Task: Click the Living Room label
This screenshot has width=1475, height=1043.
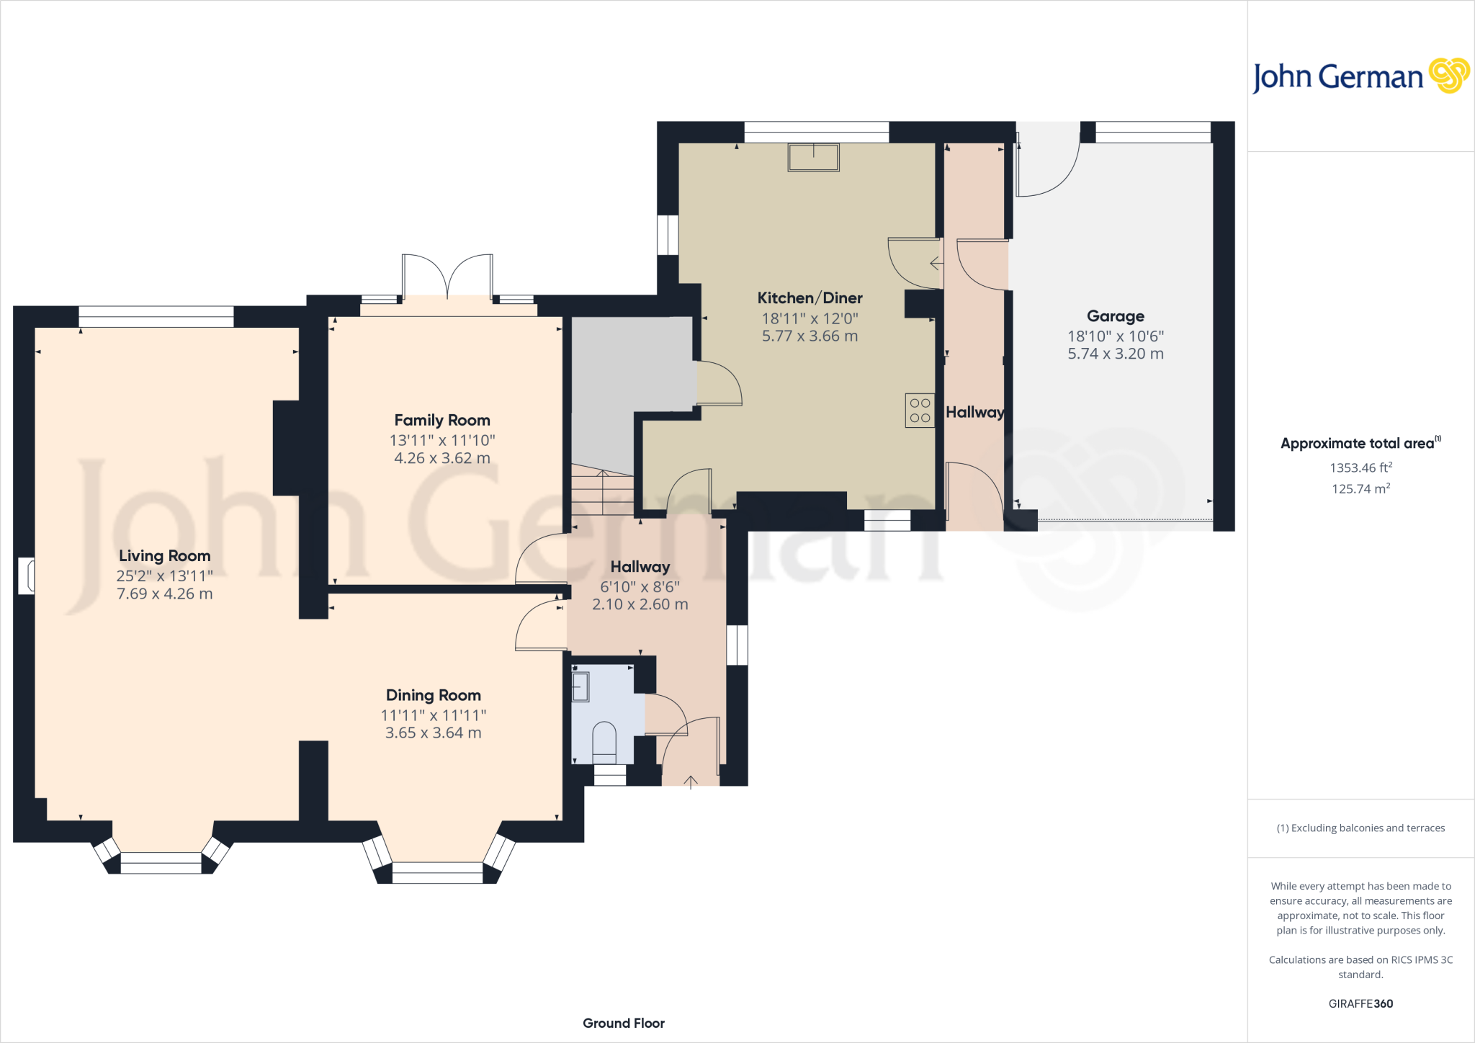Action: [165, 555]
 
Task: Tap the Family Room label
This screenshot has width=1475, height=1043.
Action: [442, 420]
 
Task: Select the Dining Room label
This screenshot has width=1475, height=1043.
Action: [434, 695]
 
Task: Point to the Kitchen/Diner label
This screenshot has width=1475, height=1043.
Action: [810, 297]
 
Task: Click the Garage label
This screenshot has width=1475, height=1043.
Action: [1116, 316]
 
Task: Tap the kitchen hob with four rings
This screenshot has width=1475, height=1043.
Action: [920, 411]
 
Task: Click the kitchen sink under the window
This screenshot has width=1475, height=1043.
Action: [814, 158]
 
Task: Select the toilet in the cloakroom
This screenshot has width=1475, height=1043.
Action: [604, 743]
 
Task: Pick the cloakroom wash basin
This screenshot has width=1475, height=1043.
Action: [580, 686]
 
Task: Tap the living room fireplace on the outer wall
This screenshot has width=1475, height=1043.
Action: [26, 576]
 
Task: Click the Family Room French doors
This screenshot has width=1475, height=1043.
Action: [448, 276]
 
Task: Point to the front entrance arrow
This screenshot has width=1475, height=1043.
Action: [691, 782]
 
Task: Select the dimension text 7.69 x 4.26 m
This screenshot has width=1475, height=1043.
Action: [165, 594]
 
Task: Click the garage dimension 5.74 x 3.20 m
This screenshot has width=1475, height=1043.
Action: [1116, 354]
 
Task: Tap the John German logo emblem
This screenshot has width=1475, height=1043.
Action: [1449, 76]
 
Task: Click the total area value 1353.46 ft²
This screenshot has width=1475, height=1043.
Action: [1360, 467]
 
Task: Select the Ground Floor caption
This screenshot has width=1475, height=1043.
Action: [624, 1023]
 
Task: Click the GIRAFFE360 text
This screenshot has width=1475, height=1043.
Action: [1360, 1003]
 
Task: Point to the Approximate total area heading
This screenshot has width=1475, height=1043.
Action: [1360, 443]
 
